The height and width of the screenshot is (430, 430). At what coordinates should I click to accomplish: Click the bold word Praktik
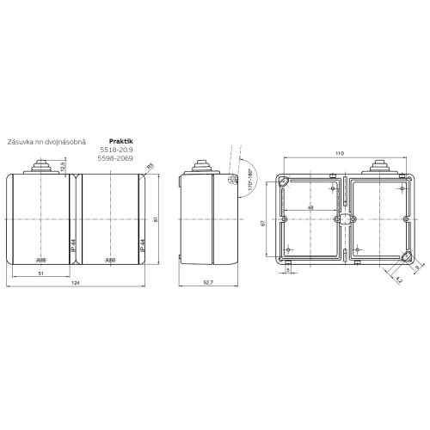click(x=122, y=140)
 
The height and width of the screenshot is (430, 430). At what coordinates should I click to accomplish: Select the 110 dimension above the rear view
click(x=341, y=153)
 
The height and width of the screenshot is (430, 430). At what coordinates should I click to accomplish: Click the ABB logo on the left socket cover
click(x=40, y=259)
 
